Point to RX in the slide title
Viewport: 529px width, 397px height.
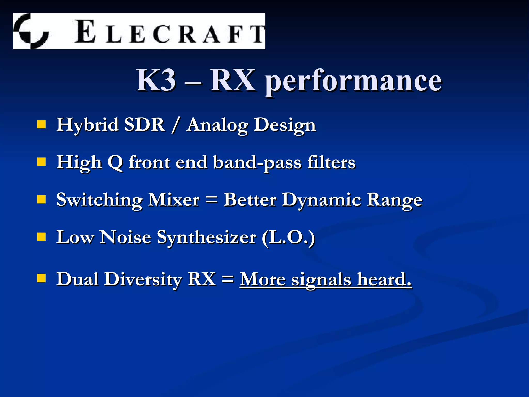[232, 80]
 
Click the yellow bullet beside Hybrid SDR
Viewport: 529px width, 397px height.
[42, 124]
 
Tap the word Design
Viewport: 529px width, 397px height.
[285, 126]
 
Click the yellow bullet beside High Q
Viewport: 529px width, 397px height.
[42, 162]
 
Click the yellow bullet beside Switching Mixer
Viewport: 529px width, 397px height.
[42, 200]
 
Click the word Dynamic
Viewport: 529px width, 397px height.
[321, 201]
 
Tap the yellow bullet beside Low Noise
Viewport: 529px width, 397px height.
[42, 237]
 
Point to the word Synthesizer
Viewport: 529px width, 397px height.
[206, 238]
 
